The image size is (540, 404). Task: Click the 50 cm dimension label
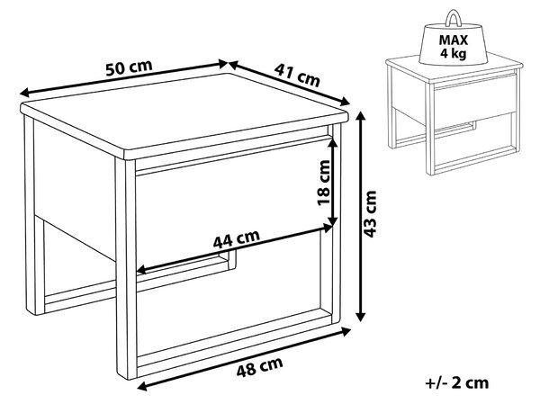[129, 68]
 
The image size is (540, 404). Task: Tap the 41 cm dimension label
[297, 75]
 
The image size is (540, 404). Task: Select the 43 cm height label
[371, 214]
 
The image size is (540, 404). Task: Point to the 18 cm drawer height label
[323, 183]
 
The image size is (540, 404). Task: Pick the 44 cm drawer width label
[236, 238]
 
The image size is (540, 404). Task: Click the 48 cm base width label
[260, 367]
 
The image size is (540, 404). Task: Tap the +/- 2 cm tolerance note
[457, 383]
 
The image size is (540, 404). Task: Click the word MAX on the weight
[454, 40]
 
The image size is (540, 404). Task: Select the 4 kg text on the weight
[454, 54]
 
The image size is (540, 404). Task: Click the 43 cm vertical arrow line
[360, 216]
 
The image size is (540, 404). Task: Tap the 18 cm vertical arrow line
[332, 182]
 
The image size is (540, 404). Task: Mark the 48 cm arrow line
[244, 359]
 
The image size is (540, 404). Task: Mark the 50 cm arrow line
[124, 78]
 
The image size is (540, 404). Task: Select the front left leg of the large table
[126, 269]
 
